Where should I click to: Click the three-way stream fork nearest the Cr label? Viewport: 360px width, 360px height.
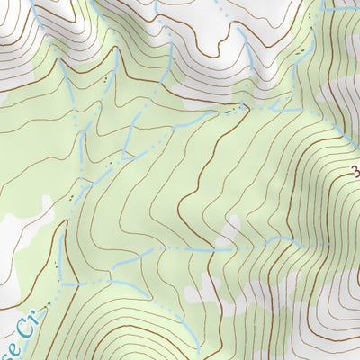coord(60,283)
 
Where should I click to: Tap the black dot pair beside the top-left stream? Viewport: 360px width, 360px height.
coord(105,79)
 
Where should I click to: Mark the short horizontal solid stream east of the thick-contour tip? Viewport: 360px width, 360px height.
coord(270,106)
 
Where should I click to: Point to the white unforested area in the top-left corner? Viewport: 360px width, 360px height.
coord(9,54)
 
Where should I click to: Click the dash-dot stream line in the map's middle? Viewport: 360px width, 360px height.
coord(180,247)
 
